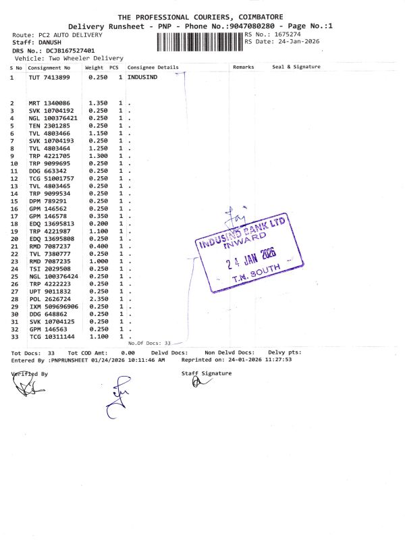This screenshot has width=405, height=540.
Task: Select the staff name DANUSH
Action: click(53, 42)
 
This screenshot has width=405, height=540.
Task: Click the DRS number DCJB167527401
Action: click(70, 50)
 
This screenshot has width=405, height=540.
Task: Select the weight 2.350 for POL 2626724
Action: click(99, 299)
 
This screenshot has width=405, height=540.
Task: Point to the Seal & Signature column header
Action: click(296, 67)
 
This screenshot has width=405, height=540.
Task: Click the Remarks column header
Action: click(243, 67)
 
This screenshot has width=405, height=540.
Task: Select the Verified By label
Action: click(30, 373)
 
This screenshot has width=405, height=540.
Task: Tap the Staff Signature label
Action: click(206, 373)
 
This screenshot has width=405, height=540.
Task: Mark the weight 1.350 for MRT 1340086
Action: click(99, 103)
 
